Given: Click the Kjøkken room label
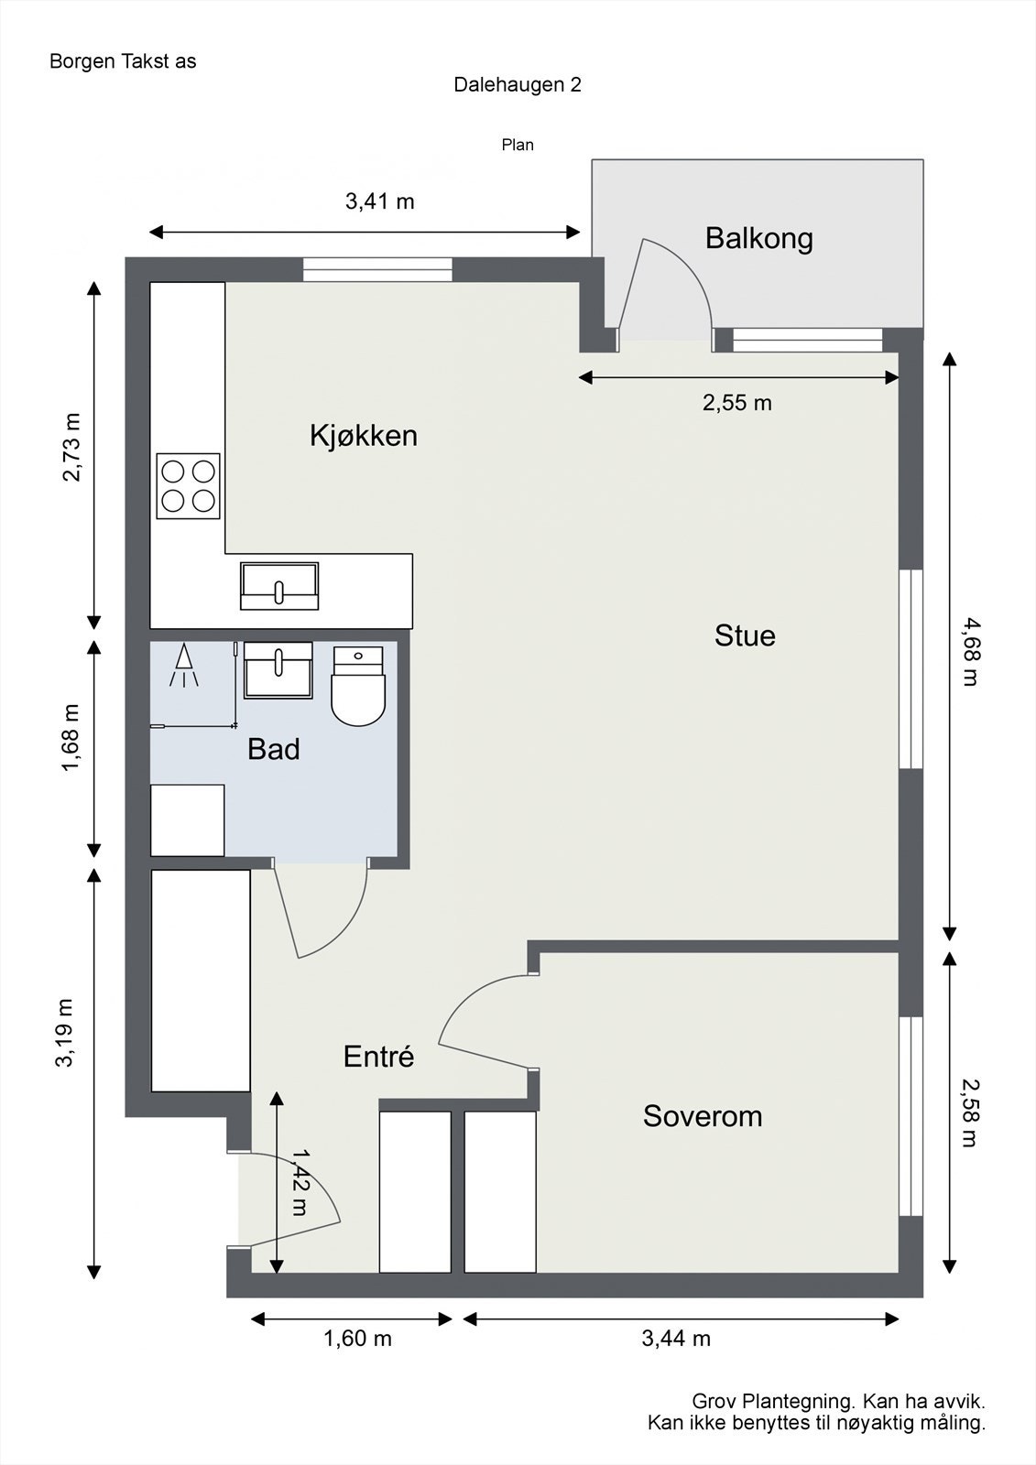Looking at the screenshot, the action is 364,436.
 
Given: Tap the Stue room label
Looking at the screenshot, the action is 745,635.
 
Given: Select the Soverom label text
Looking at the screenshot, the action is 703,1116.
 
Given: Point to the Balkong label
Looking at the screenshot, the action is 758,239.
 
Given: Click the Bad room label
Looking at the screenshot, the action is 274,750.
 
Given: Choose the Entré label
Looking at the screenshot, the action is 378,1057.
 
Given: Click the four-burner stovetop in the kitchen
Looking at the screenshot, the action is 188,486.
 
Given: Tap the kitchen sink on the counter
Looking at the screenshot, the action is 278,586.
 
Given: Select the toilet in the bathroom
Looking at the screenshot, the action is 358,686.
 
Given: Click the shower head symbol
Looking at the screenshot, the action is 184,665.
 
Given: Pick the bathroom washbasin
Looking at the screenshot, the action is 278,669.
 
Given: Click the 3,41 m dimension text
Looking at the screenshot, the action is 379,201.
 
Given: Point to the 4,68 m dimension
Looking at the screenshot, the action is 969,651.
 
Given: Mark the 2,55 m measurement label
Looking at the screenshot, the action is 736,403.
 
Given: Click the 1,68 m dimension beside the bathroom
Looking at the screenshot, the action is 70,738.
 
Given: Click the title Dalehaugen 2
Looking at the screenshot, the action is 517,85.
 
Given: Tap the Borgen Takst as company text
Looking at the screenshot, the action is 123,61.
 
